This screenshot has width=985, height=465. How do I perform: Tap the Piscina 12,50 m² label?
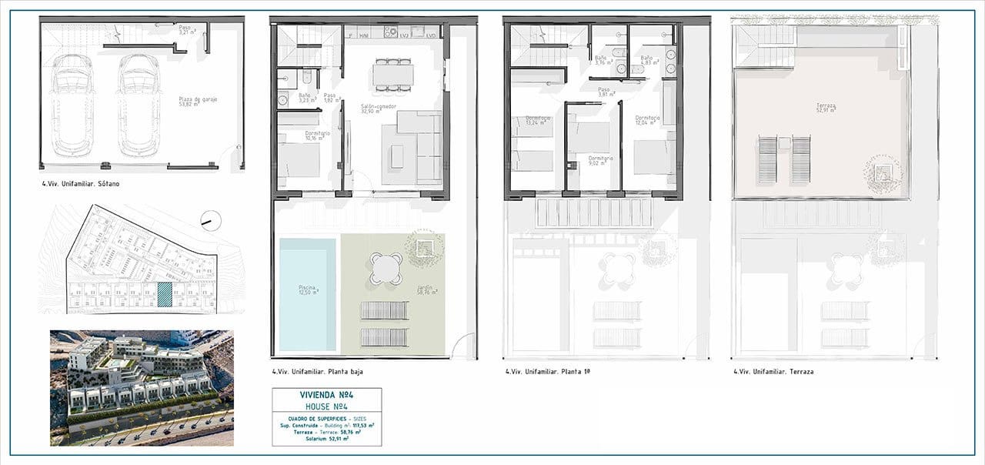[308, 289]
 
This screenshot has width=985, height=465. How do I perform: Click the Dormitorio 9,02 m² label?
[602, 160]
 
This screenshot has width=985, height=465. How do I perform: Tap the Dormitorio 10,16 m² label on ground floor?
[318, 135]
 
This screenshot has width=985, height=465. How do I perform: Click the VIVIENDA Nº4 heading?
[326, 395]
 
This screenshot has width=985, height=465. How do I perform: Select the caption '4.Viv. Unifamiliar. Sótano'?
[81, 185]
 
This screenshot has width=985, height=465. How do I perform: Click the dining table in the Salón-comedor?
[392, 74]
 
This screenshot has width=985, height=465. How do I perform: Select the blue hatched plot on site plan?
[165, 296]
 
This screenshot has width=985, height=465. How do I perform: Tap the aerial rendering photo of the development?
[141, 388]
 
